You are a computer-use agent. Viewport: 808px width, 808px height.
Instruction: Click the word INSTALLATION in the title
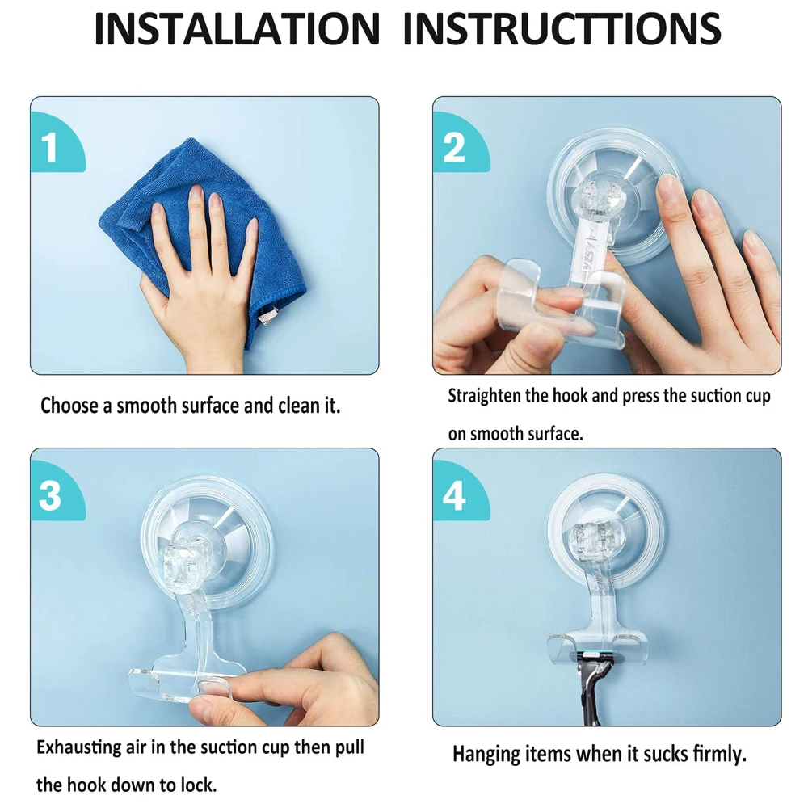238,28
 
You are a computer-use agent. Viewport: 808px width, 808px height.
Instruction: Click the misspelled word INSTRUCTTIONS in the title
562,28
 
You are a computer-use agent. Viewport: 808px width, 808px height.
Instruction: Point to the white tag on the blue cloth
268,315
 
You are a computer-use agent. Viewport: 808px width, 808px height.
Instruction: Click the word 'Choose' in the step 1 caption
70,406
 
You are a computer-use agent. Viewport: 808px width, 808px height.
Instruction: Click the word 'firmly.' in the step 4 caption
719,755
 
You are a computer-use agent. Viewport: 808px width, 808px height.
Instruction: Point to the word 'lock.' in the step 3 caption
199,785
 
